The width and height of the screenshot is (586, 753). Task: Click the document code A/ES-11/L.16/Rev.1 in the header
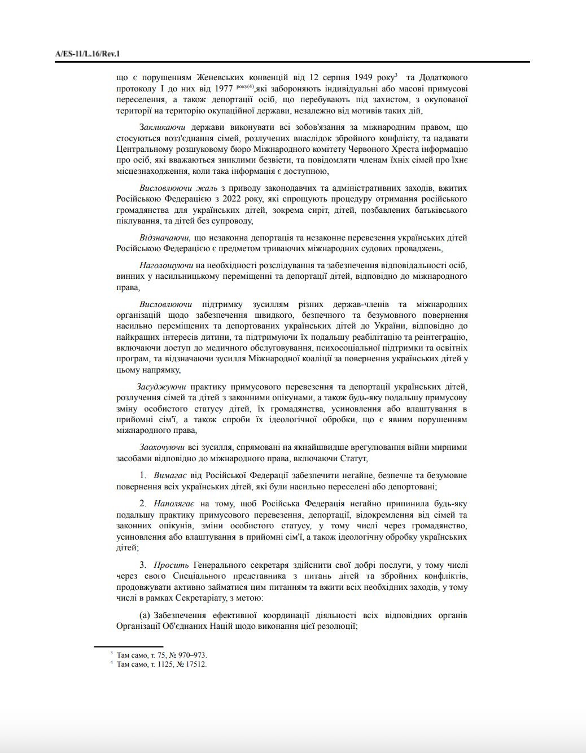coord(88,54)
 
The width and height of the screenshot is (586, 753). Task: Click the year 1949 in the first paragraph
coord(367,77)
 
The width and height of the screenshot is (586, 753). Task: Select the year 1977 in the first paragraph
coord(224,89)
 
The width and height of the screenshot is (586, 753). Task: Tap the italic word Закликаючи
coord(163,128)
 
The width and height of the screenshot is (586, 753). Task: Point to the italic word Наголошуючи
coord(167,265)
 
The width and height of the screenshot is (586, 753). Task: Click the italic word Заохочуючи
coord(163,447)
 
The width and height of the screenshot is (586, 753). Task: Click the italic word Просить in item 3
coord(171,565)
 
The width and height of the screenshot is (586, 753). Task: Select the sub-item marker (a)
coord(145,615)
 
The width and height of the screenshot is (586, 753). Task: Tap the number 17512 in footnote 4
coord(195,664)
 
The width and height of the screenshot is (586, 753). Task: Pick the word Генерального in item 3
coord(217,565)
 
